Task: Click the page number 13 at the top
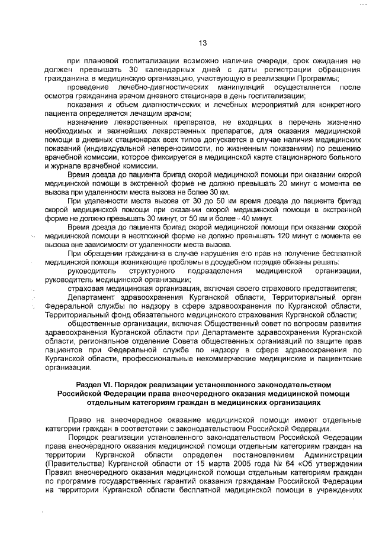(202, 43)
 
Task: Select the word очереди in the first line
(271, 60)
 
